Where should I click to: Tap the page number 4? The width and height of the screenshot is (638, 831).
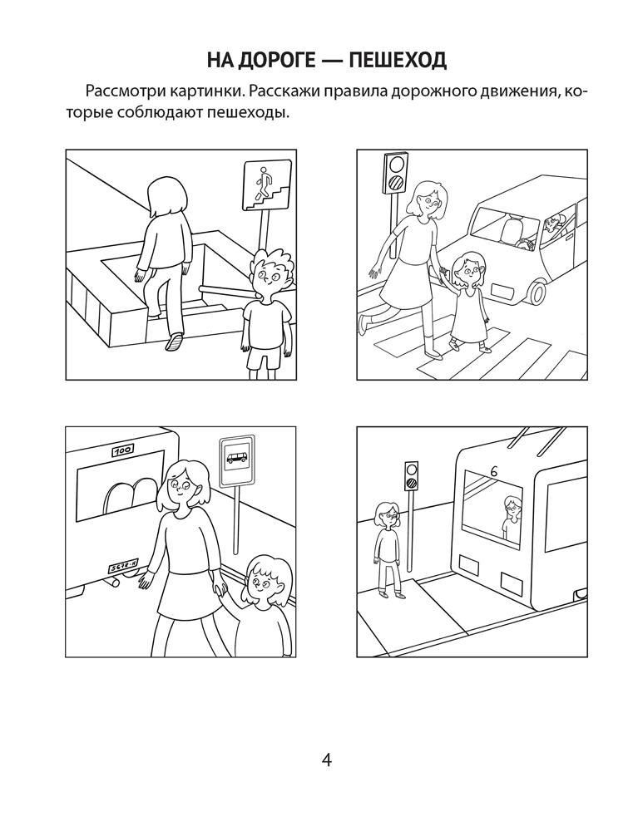tap(326, 761)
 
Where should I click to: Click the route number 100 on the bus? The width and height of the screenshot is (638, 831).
tap(122, 451)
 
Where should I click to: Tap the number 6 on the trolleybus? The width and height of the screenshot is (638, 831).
tap(493, 469)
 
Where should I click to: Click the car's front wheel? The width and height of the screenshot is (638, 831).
tap(534, 290)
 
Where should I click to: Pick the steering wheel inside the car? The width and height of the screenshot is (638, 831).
tap(526, 243)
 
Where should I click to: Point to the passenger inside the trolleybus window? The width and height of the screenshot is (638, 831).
tap(510, 518)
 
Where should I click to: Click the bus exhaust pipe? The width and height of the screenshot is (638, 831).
tap(111, 583)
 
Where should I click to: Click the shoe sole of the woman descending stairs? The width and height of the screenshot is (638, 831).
tap(174, 342)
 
